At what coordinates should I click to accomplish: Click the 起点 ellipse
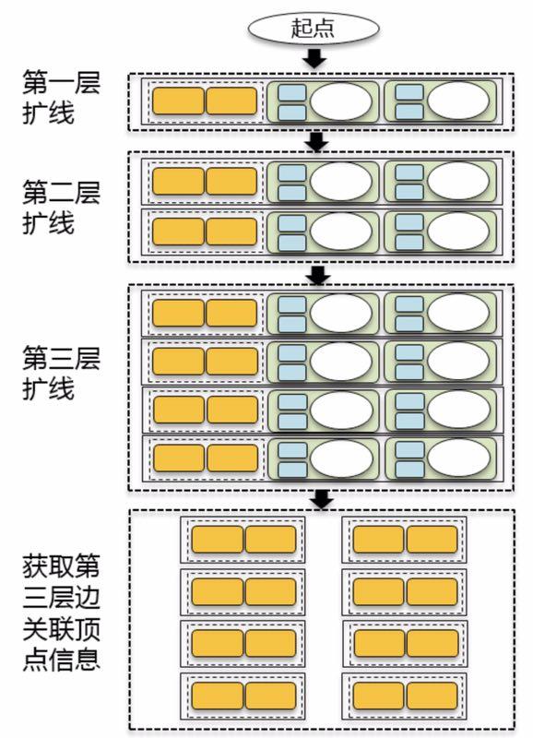pos(314,28)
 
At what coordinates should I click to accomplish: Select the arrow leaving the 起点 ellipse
pos(314,58)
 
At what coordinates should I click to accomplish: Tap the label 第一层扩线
pos(62,98)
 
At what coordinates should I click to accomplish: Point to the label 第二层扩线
pos(62,207)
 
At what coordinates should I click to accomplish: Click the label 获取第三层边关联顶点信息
pos(62,613)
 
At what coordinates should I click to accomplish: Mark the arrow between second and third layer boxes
pos(318,275)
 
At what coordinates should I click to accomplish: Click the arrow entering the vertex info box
pos(322,499)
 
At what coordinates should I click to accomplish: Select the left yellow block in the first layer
pos(178,101)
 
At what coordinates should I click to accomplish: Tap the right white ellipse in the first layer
pos(458,101)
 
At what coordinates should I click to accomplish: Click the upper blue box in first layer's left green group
pos(292,92)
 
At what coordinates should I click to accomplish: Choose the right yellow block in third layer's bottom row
pos(232,458)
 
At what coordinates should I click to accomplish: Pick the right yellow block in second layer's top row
pos(231,181)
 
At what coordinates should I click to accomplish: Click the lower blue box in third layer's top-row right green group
pos(409,324)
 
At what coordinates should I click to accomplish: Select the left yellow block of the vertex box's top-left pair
pos(218,540)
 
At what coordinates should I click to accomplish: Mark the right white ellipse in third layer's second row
pos(458,361)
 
